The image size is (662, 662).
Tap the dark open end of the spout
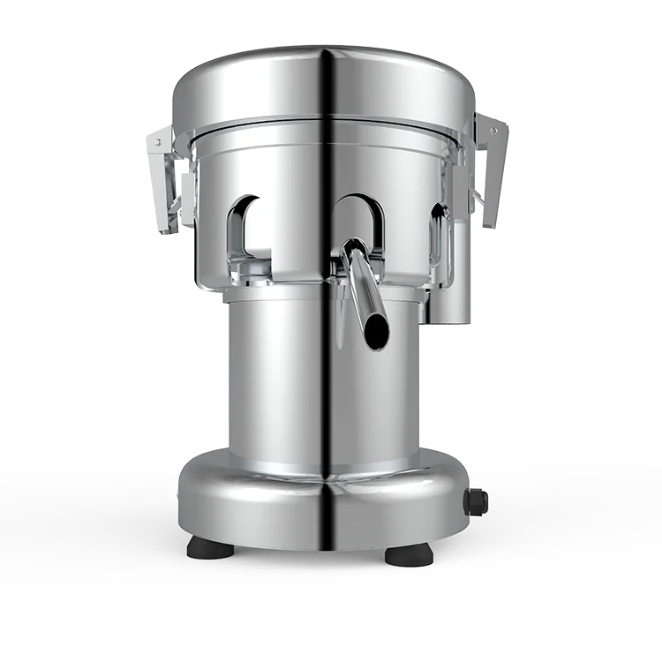click(374, 330)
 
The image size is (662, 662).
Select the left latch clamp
click(165, 181)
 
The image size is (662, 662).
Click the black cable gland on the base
click(478, 502)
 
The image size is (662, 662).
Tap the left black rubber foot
click(210, 548)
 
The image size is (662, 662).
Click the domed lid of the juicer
click(265, 84)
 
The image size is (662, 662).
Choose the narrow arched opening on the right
click(436, 234)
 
